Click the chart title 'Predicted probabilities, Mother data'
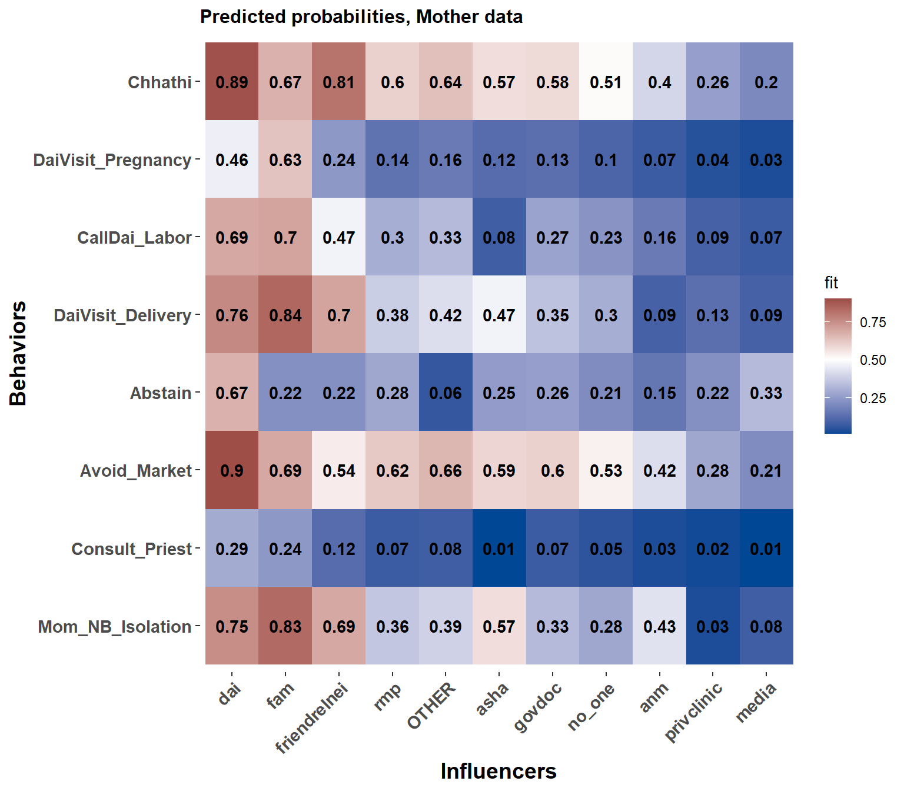(x=361, y=16)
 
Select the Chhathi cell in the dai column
(x=232, y=82)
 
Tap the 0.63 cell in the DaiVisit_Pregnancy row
(x=285, y=159)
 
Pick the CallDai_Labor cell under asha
(x=499, y=237)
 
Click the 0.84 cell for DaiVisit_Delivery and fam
(x=285, y=315)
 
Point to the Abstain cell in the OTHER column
(x=446, y=393)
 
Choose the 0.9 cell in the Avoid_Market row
(x=232, y=470)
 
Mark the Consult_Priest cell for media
(x=766, y=549)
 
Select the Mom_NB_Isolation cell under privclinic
(x=713, y=626)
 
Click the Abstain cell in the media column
(x=766, y=393)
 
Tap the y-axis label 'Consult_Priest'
(x=131, y=549)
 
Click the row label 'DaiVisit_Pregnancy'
(x=112, y=159)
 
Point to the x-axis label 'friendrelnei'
(x=313, y=718)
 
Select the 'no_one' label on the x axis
(x=591, y=706)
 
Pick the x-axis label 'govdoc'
(x=538, y=706)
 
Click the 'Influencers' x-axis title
(x=498, y=771)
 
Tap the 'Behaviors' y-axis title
(x=18, y=353)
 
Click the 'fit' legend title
(x=831, y=283)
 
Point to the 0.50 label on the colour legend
(x=872, y=360)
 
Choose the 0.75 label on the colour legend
(x=872, y=322)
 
